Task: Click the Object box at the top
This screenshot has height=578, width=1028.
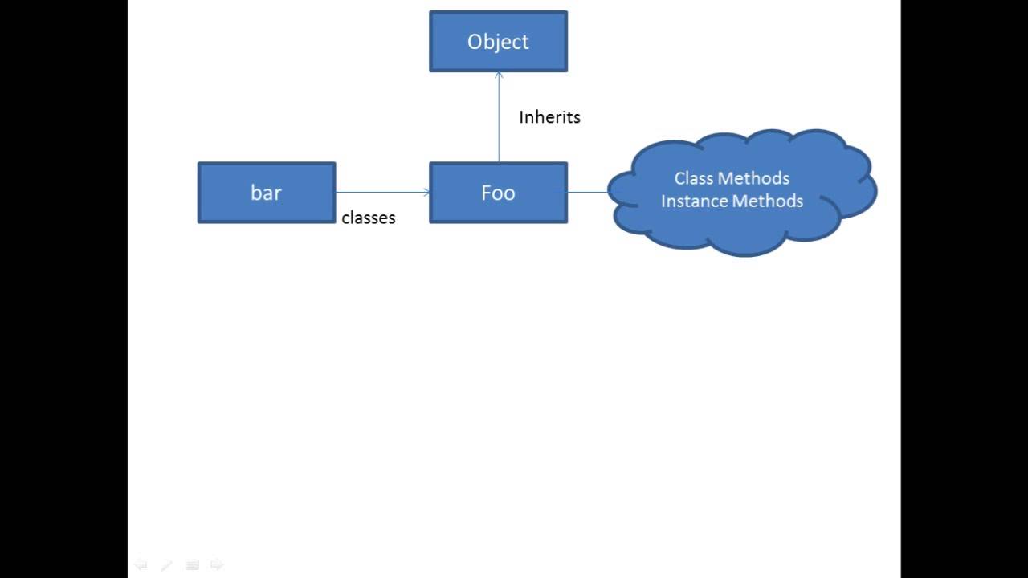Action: (498, 41)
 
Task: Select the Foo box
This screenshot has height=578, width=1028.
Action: (498, 193)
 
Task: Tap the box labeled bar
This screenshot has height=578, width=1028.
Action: (266, 193)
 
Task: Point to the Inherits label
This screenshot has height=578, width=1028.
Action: (549, 117)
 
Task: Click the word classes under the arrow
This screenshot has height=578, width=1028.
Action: (369, 218)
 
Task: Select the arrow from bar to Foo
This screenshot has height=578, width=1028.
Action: (381, 192)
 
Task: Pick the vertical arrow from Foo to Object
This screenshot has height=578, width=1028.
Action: (499, 120)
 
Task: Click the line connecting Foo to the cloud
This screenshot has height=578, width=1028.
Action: (588, 192)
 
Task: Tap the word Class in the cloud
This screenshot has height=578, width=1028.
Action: (693, 178)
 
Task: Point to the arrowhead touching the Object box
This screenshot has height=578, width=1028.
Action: (499, 75)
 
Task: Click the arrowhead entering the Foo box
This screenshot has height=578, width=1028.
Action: (426, 192)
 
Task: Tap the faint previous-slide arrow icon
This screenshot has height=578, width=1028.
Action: (141, 565)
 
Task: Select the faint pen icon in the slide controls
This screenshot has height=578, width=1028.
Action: (166, 565)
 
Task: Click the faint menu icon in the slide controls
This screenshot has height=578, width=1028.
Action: (192, 565)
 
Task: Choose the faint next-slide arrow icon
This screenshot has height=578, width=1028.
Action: (217, 565)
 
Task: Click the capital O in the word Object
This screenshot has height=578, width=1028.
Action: (475, 41)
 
